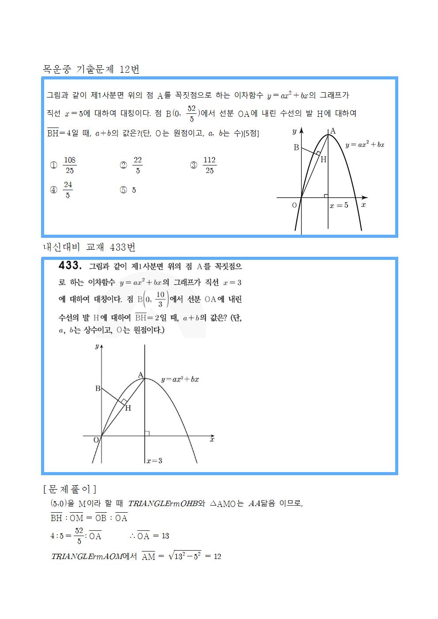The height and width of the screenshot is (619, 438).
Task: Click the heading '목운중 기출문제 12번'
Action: click(x=91, y=69)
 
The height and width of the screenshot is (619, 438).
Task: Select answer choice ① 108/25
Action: click(x=64, y=165)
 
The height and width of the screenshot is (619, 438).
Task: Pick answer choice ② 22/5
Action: click(x=132, y=165)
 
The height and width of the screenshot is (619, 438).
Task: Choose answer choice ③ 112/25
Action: click(x=204, y=165)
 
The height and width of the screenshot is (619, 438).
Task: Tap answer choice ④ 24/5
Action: click(x=62, y=190)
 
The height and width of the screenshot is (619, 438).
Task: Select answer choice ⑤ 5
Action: click(x=128, y=190)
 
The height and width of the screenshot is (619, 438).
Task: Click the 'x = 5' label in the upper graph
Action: click(x=339, y=205)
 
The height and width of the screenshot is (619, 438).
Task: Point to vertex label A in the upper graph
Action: click(x=333, y=131)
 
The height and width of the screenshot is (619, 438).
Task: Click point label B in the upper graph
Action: click(x=296, y=147)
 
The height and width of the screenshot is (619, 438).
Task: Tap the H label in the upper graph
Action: click(x=323, y=159)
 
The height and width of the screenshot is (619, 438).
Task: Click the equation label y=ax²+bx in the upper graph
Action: click(x=365, y=144)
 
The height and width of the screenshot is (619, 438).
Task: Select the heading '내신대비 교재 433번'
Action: click(x=89, y=247)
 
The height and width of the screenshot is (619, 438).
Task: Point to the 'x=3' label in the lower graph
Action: click(x=154, y=461)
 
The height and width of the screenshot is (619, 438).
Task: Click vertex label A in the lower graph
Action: click(x=140, y=375)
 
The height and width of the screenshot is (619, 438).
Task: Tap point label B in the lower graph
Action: click(x=98, y=389)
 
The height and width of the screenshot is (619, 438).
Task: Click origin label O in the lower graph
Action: click(x=96, y=440)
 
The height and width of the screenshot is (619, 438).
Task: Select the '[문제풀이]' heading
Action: click(x=70, y=489)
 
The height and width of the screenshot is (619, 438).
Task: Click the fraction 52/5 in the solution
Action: click(x=79, y=536)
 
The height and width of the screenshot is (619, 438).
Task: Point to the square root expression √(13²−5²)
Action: click(x=185, y=556)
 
